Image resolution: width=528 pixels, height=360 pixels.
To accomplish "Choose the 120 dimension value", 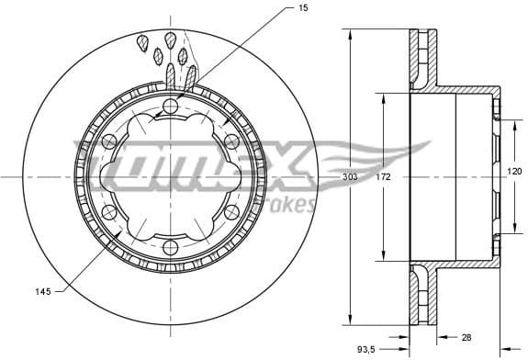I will pyautogui.click(x=515, y=172).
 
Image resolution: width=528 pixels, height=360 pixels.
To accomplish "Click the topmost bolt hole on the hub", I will pyautogui.click(x=168, y=108).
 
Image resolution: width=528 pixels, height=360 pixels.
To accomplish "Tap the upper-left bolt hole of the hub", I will pyautogui.click(x=109, y=141).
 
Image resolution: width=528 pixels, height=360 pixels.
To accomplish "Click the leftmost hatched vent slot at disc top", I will pyautogui.click(x=143, y=42).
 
